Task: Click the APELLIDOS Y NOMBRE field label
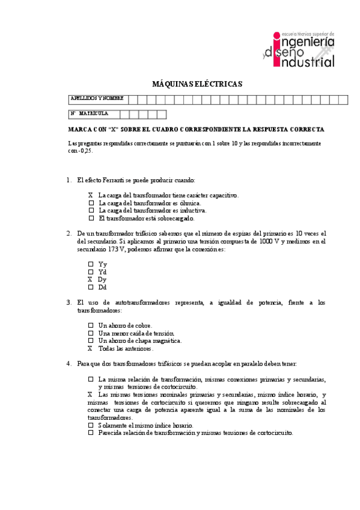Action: point(97,98)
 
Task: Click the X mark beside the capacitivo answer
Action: point(91,195)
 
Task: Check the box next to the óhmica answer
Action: point(91,203)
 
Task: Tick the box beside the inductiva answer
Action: point(91,211)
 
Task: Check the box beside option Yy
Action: point(91,264)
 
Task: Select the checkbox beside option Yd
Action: point(91,272)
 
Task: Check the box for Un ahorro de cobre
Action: point(91,325)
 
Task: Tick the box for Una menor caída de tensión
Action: point(91,333)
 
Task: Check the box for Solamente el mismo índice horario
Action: point(91,425)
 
